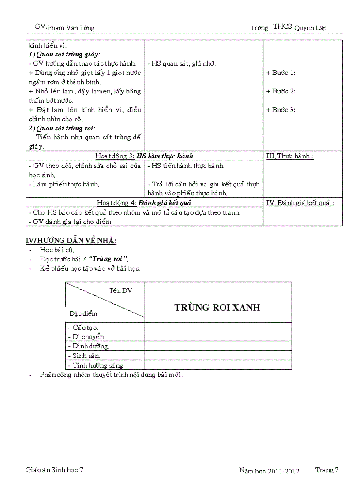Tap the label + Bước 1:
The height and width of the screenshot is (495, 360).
click(x=281, y=73)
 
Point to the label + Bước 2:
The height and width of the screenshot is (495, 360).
click(x=281, y=91)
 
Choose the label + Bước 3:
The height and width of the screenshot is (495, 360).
click(x=281, y=110)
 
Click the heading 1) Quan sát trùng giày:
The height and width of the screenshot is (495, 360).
click(x=64, y=54)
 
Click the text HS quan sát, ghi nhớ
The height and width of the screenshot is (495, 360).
click(x=182, y=64)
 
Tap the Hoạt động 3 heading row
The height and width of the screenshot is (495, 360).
click(x=145, y=156)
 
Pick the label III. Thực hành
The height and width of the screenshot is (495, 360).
click(x=290, y=156)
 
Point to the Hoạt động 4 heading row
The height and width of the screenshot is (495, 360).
click(x=144, y=202)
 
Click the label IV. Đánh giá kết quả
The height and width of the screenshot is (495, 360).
click(x=300, y=202)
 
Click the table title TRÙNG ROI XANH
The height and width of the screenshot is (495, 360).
click(x=217, y=307)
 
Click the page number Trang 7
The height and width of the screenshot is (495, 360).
click(x=327, y=470)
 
